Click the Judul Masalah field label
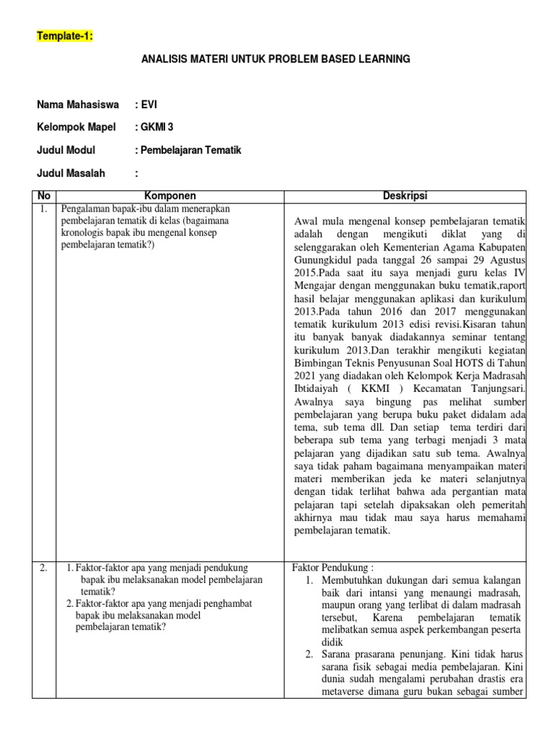pyautogui.click(x=71, y=173)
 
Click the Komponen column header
pyautogui.click(x=170, y=196)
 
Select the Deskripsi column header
pyautogui.click(x=406, y=196)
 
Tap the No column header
pyautogui.click(x=44, y=196)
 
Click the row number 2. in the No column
pyautogui.click(x=43, y=567)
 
